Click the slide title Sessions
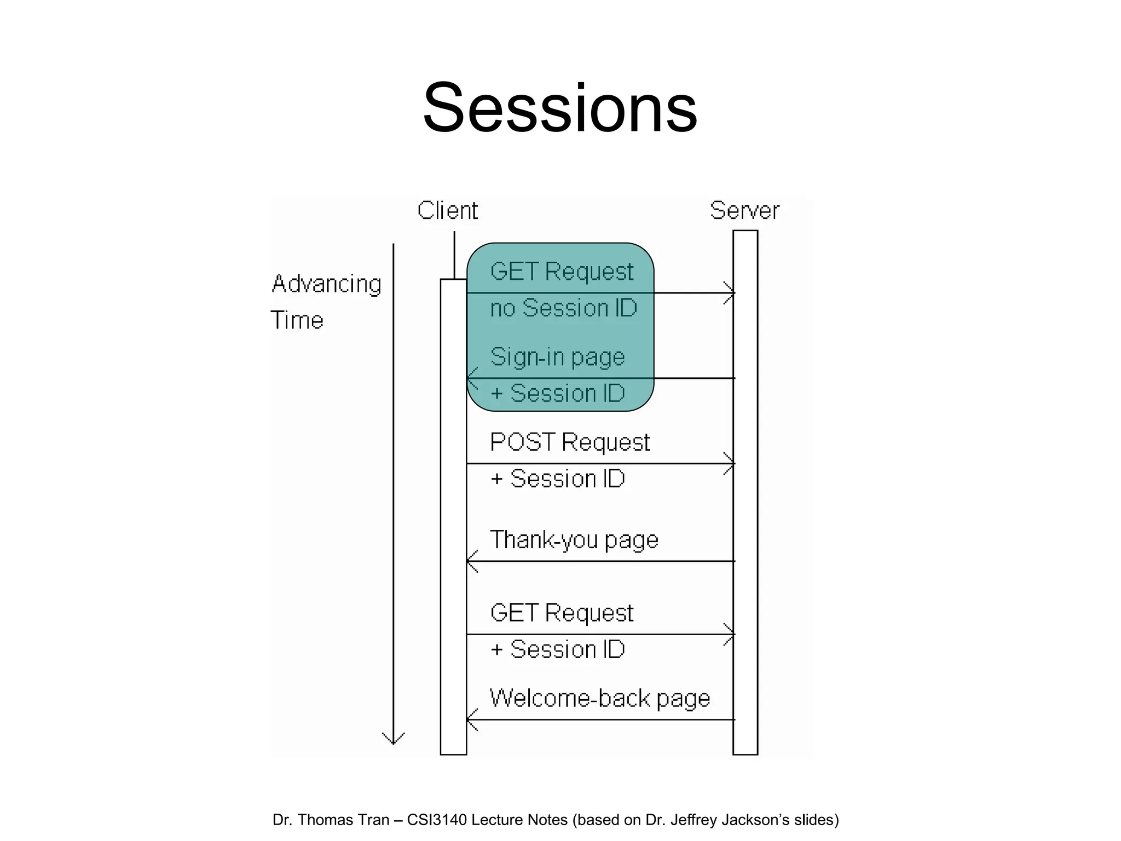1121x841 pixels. tap(560, 108)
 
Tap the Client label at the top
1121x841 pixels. tap(447, 211)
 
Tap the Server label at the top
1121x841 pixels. tap(744, 211)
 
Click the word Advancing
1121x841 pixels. tap(327, 284)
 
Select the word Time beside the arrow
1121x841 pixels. tap(297, 320)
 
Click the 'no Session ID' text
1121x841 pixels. tap(563, 308)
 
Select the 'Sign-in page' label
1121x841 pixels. tap(557, 358)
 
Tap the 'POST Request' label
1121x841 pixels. tap(570, 442)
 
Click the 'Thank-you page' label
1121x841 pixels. tap(574, 540)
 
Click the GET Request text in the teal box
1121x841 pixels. tap(562, 272)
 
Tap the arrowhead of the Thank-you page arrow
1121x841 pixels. tap(471, 561)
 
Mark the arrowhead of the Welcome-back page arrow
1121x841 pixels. tap(471, 719)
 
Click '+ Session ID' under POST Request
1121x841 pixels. tap(558, 479)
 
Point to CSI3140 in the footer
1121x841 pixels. tap(437, 820)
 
